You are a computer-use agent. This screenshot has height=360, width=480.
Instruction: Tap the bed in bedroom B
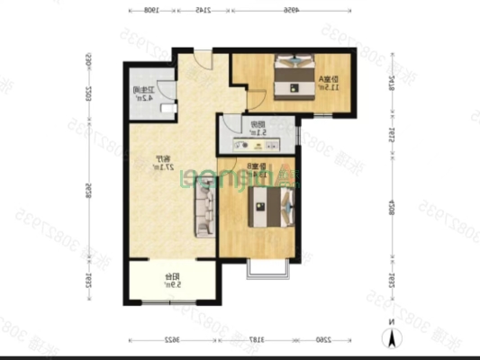pos(269,212)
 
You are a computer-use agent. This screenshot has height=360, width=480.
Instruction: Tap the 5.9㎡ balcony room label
pos(170,280)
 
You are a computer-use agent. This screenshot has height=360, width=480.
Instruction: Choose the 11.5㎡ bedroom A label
pos(330,84)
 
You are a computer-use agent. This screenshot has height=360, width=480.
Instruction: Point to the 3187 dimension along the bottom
pos(257,340)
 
